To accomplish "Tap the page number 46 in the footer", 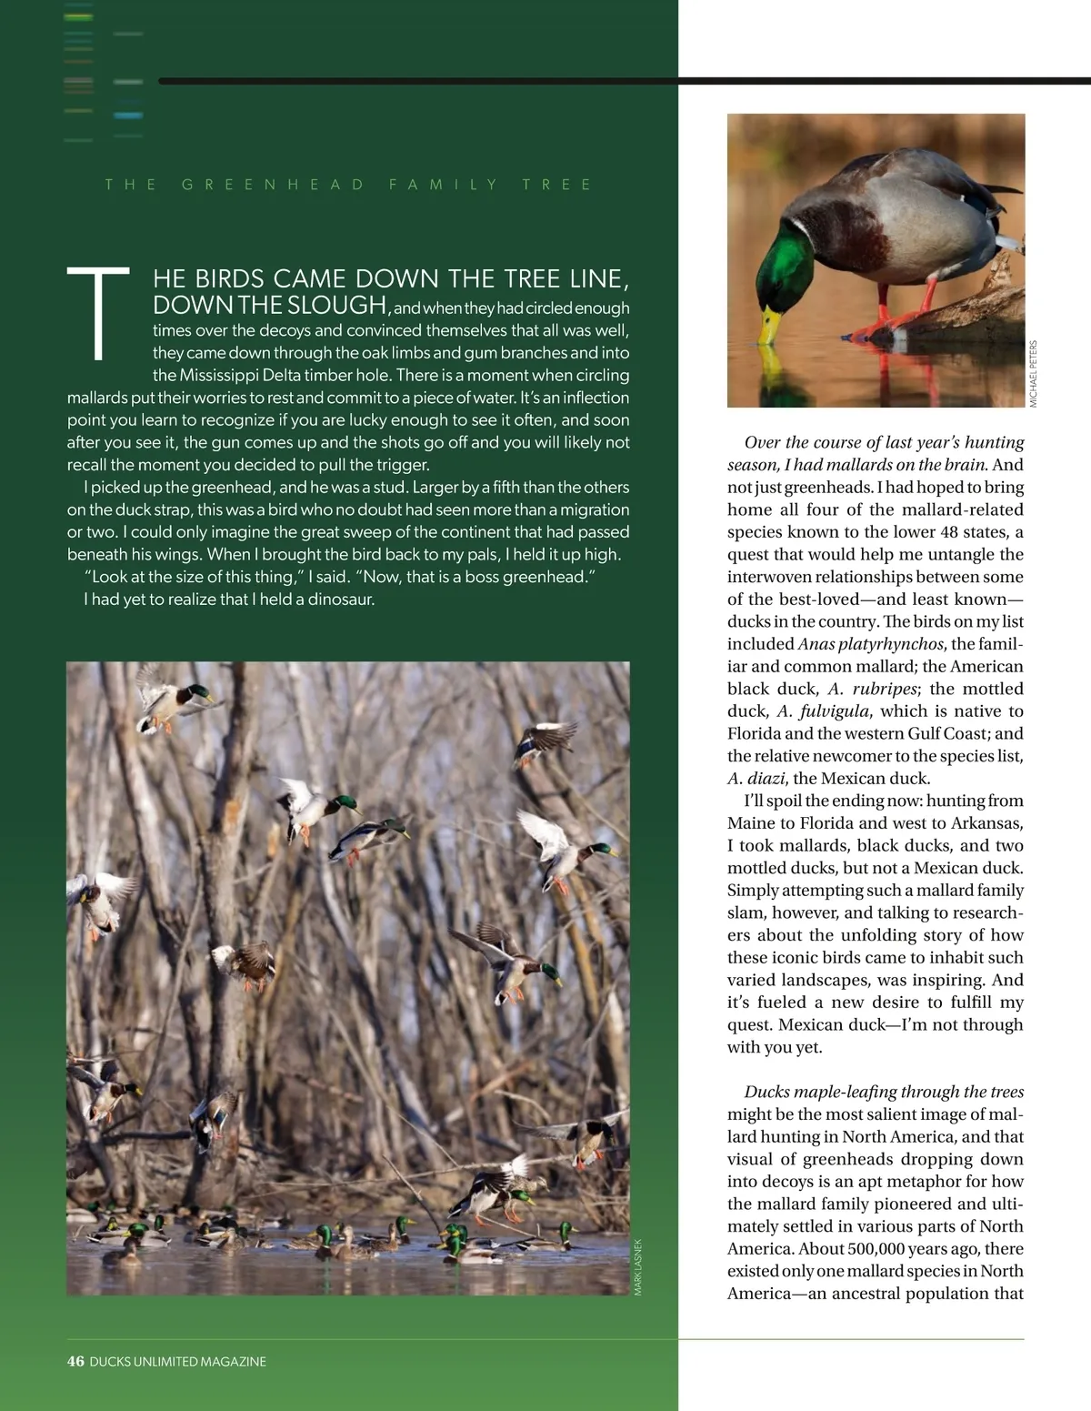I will click(x=75, y=1361).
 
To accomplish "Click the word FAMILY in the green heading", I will click(x=444, y=185).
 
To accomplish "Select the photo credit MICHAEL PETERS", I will click(x=1034, y=373).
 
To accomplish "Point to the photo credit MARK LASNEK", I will click(x=638, y=1266).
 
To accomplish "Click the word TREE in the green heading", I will click(x=556, y=185).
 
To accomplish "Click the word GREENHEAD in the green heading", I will click(x=273, y=185).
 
